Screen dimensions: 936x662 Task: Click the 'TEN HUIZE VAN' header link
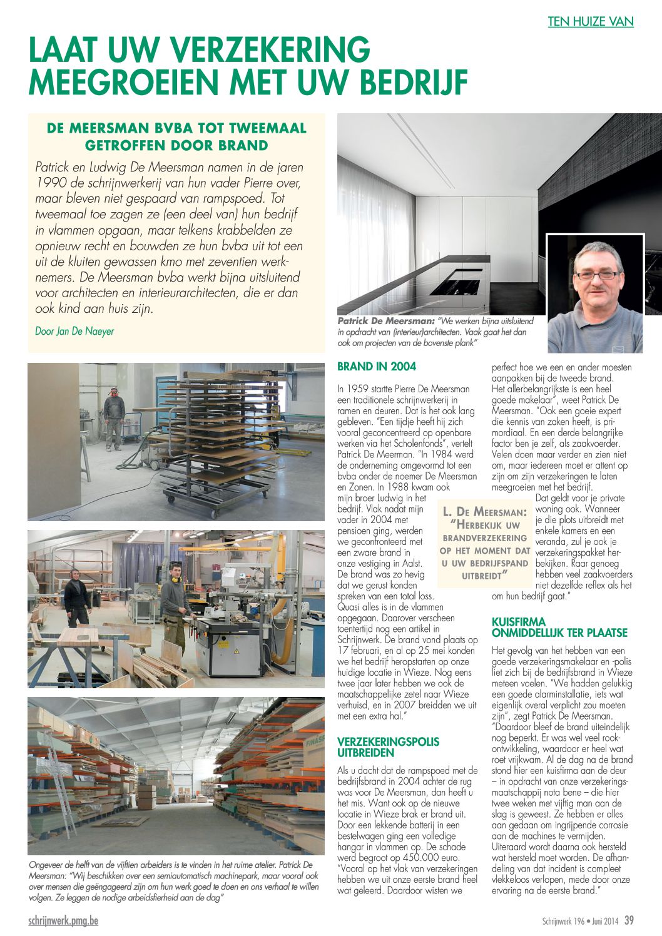(x=591, y=21)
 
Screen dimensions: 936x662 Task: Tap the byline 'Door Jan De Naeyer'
(x=74, y=331)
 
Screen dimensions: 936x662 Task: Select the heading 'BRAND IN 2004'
(x=377, y=367)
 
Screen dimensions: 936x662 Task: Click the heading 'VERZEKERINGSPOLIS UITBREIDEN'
(x=388, y=747)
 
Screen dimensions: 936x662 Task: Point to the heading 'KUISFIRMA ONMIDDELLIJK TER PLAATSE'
(x=559, y=627)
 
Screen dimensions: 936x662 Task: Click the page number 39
(x=629, y=920)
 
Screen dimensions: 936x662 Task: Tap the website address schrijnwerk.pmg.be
(x=63, y=921)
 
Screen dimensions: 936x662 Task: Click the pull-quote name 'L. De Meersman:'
(x=484, y=512)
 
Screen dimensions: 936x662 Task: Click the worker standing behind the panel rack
(x=114, y=418)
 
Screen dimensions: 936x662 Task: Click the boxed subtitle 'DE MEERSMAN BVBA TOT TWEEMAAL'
(x=177, y=128)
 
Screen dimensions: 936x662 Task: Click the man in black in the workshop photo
(x=77, y=598)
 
